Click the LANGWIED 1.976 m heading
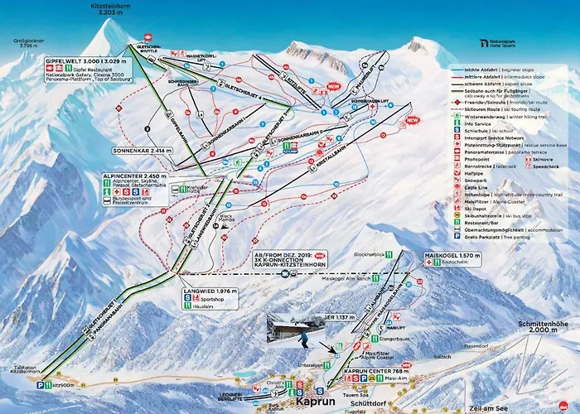click(205, 291)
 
